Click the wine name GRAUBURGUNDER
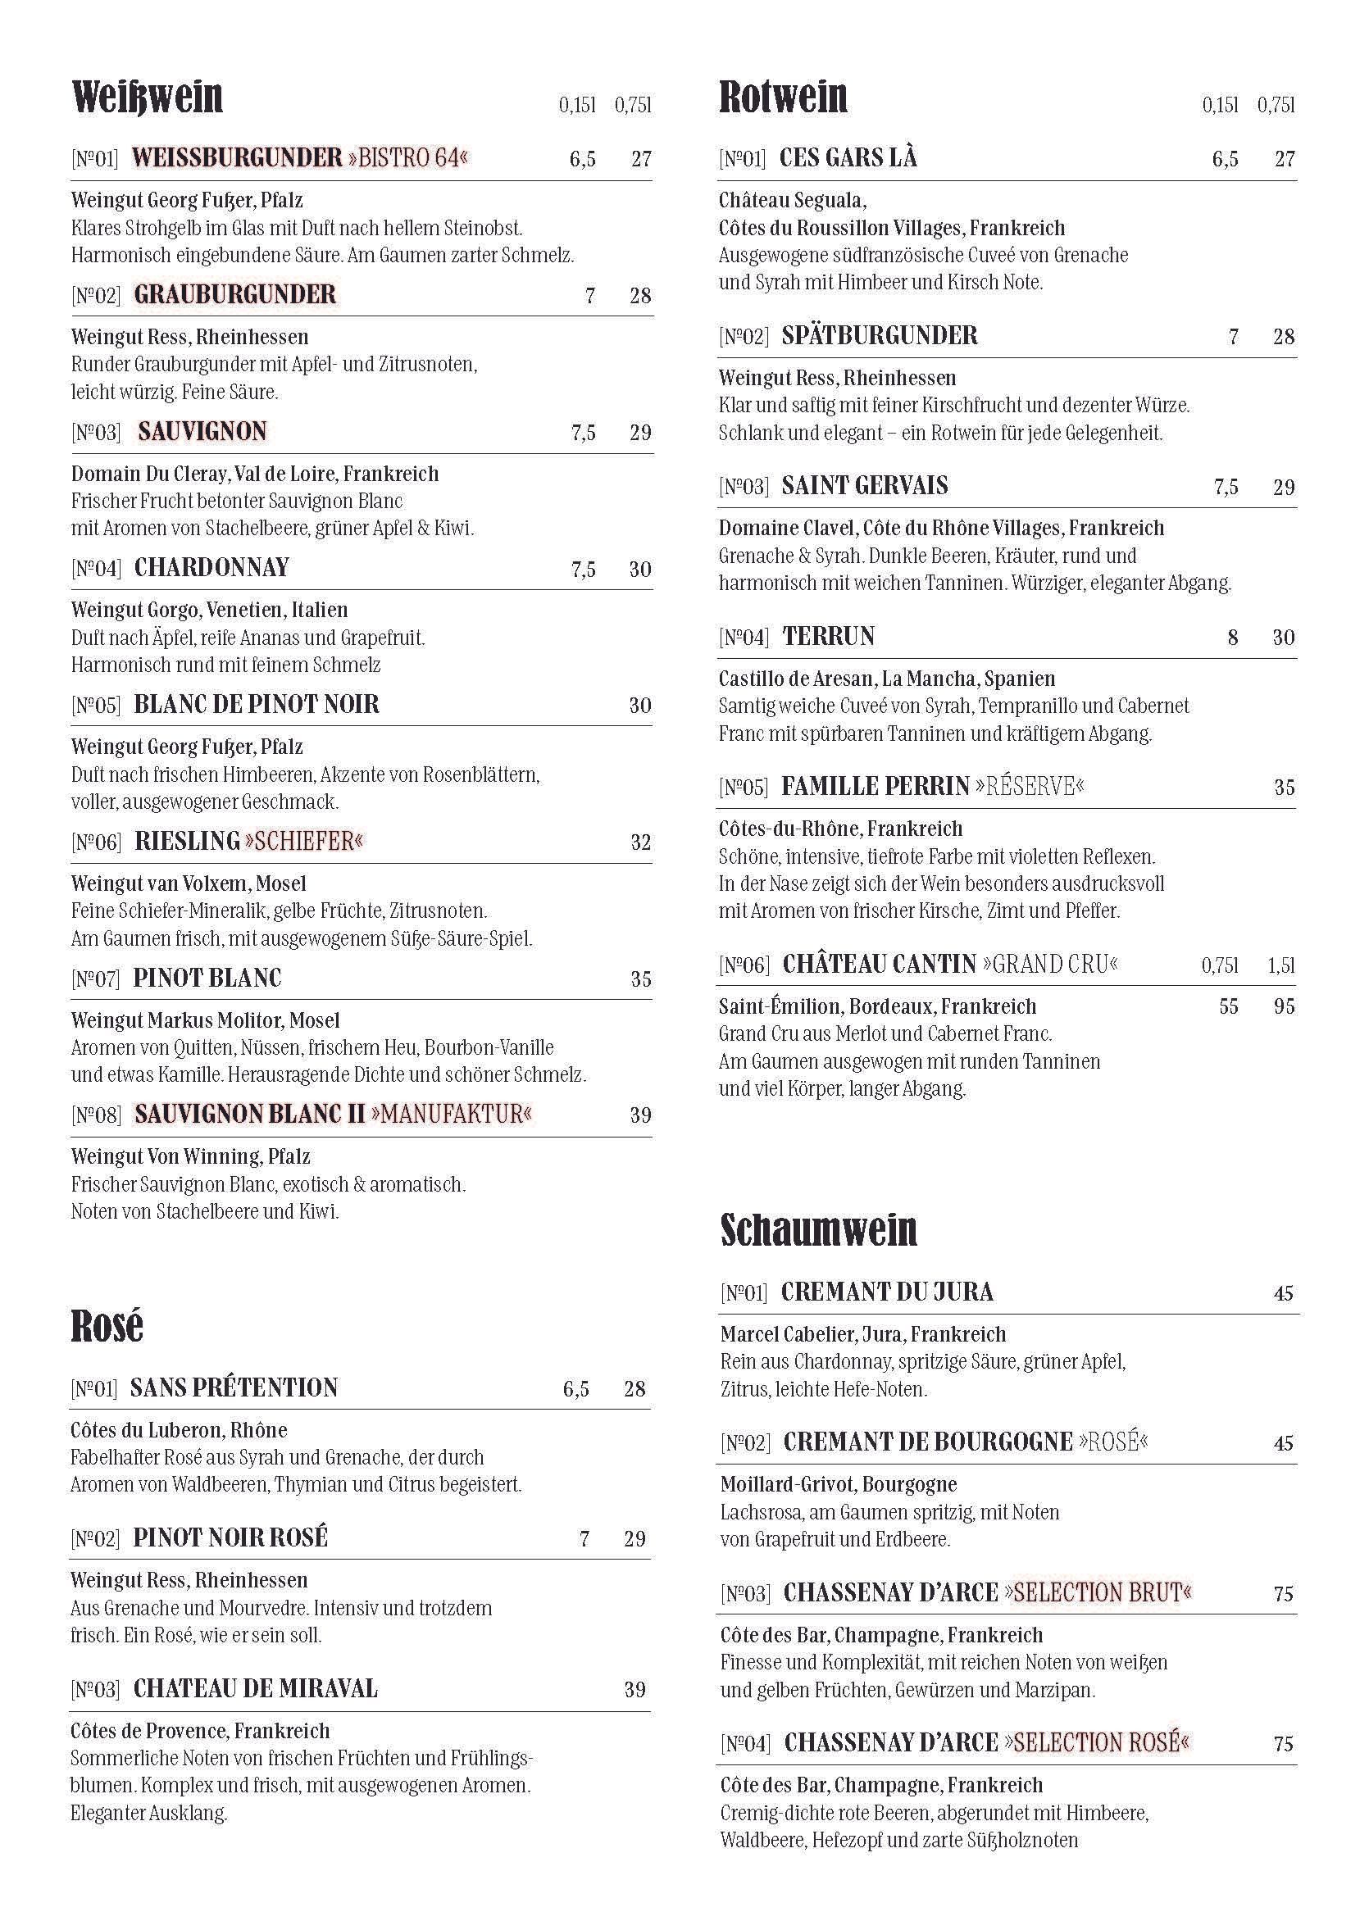(x=235, y=294)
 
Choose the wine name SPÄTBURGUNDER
(x=880, y=335)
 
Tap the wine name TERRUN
(x=829, y=636)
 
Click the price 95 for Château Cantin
(x=1283, y=1006)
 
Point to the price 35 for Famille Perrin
(x=1283, y=788)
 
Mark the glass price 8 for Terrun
(x=1232, y=637)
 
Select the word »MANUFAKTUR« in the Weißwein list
(x=451, y=1115)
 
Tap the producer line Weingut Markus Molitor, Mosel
(x=205, y=1020)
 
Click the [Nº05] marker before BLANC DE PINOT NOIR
(x=96, y=706)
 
